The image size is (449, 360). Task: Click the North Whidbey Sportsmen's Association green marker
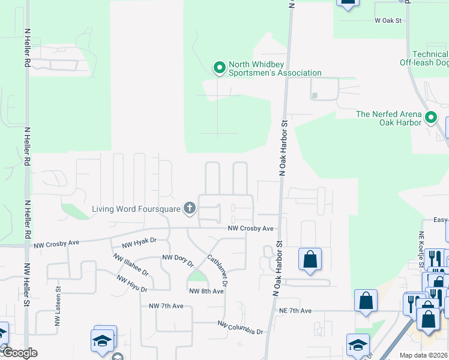(x=219, y=67)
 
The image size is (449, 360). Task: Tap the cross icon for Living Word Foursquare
(x=190, y=209)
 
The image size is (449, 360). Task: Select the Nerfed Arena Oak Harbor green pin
(x=431, y=118)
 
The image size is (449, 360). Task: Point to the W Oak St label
(x=387, y=20)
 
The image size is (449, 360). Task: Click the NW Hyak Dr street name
(x=139, y=242)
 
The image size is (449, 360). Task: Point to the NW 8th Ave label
(x=206, y=291)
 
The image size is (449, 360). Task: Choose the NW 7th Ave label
(x=166, y=306)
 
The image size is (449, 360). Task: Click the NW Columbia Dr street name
(x=241, y=328)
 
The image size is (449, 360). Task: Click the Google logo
(x=19, y=353)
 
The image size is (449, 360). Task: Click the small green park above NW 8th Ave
(x=196, y=277)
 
